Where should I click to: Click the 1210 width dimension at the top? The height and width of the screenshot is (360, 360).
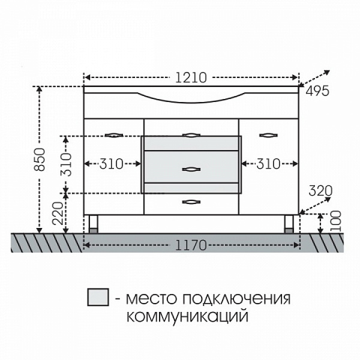coord(191,77)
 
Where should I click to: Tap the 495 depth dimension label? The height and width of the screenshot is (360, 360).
coord(317,91)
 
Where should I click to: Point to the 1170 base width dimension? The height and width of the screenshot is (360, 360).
coord(191,245)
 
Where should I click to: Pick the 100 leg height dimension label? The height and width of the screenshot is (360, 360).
coord(335,222)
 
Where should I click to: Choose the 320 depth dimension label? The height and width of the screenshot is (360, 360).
coord(320,191)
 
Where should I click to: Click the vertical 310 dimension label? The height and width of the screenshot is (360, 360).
coord(67,164)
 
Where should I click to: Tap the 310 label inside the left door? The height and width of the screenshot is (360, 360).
coord(111,163)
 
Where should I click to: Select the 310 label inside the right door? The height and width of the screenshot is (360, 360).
coord(269,163)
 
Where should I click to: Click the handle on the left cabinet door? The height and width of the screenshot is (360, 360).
coord(113,135)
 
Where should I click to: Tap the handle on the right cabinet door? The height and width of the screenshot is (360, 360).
coord(269,135)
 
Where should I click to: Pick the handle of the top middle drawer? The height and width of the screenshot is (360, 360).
coord(190,135)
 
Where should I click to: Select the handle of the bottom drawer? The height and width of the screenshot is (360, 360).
coord(190,202)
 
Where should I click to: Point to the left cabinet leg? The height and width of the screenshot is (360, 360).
coord(94,224)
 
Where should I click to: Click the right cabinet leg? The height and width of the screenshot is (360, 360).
coord(289,224)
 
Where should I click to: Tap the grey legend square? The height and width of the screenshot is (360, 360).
coord(98,296)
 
